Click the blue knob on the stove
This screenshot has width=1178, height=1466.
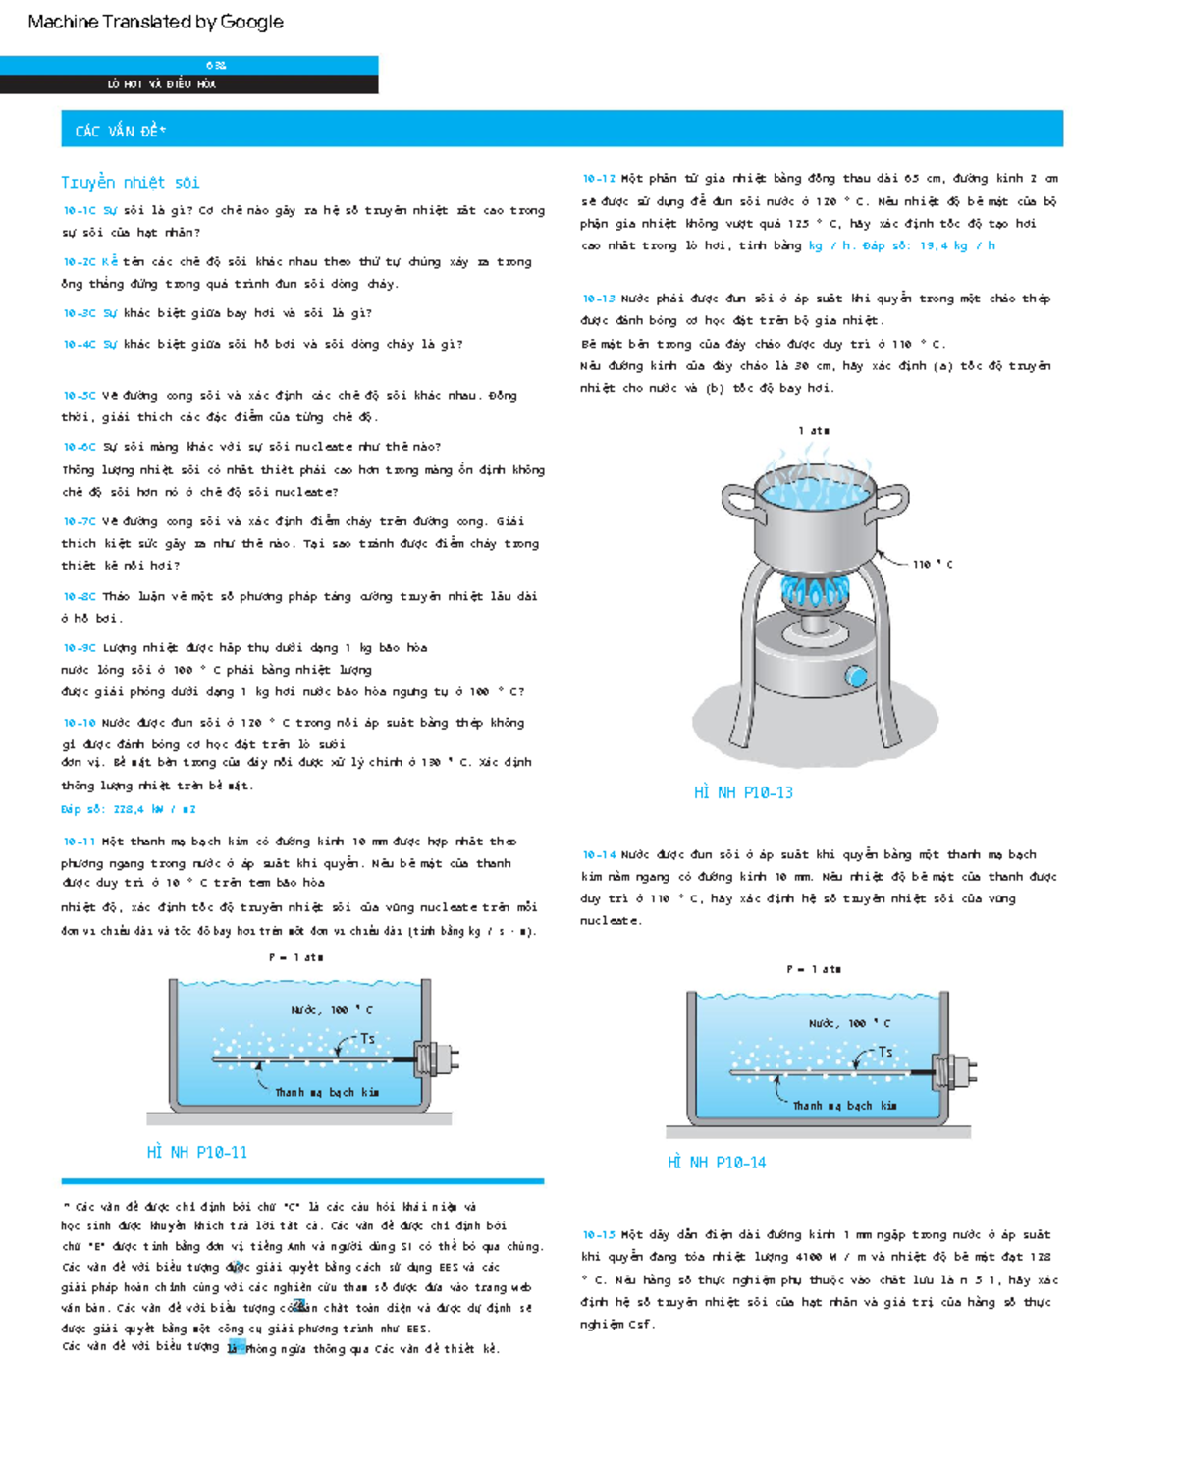point(856,676)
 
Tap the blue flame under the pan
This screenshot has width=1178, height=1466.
point(814,591)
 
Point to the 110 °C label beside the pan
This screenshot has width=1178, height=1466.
point(932,565)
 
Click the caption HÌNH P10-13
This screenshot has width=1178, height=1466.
point(743,793)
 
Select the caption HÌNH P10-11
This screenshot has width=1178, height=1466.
point(196,1153)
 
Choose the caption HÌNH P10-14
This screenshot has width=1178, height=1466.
point(717,1163)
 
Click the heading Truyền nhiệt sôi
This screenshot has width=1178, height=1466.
point(131,183)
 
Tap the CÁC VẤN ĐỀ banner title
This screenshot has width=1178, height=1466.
point(121,132)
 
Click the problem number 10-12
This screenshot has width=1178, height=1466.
point(599,179)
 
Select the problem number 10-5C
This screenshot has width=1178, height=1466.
point(80,396)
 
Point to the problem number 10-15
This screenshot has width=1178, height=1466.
point(599,1235)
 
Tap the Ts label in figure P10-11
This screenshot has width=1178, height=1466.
point(367,1039)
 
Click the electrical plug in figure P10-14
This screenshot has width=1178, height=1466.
point(956,1069)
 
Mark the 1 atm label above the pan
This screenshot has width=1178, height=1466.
point(814,431)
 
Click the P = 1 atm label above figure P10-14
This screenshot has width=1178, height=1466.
point(814,969)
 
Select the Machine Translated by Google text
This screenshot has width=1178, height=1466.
point(155,22)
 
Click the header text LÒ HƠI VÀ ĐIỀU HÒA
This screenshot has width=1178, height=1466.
point(162,84)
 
